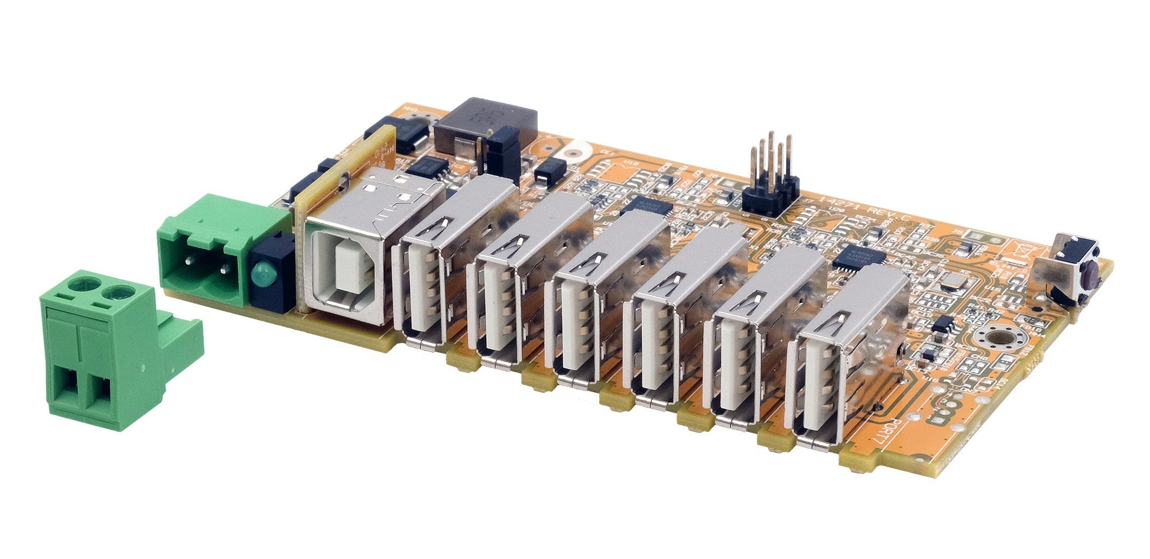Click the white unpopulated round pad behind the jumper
click(x=571, y=153)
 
